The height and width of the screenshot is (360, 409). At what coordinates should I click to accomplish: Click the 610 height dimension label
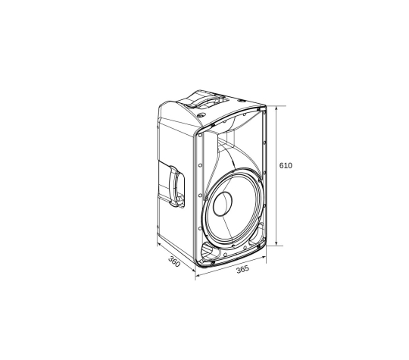pyautogui.click(x=286, y=165)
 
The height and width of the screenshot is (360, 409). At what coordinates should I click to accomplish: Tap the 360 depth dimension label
pyautogui.click(x=174, y=261)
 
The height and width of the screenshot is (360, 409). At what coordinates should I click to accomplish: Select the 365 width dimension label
pyautogui.click(x=242, y=269)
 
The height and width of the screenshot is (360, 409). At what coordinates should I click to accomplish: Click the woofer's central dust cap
pyautogui.click(x=223, y=204)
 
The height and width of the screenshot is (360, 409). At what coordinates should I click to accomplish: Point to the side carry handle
pyautogui.click(x=176, y=186)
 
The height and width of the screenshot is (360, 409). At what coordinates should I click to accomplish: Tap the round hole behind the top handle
pyautogui.click(x=201, y=115)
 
